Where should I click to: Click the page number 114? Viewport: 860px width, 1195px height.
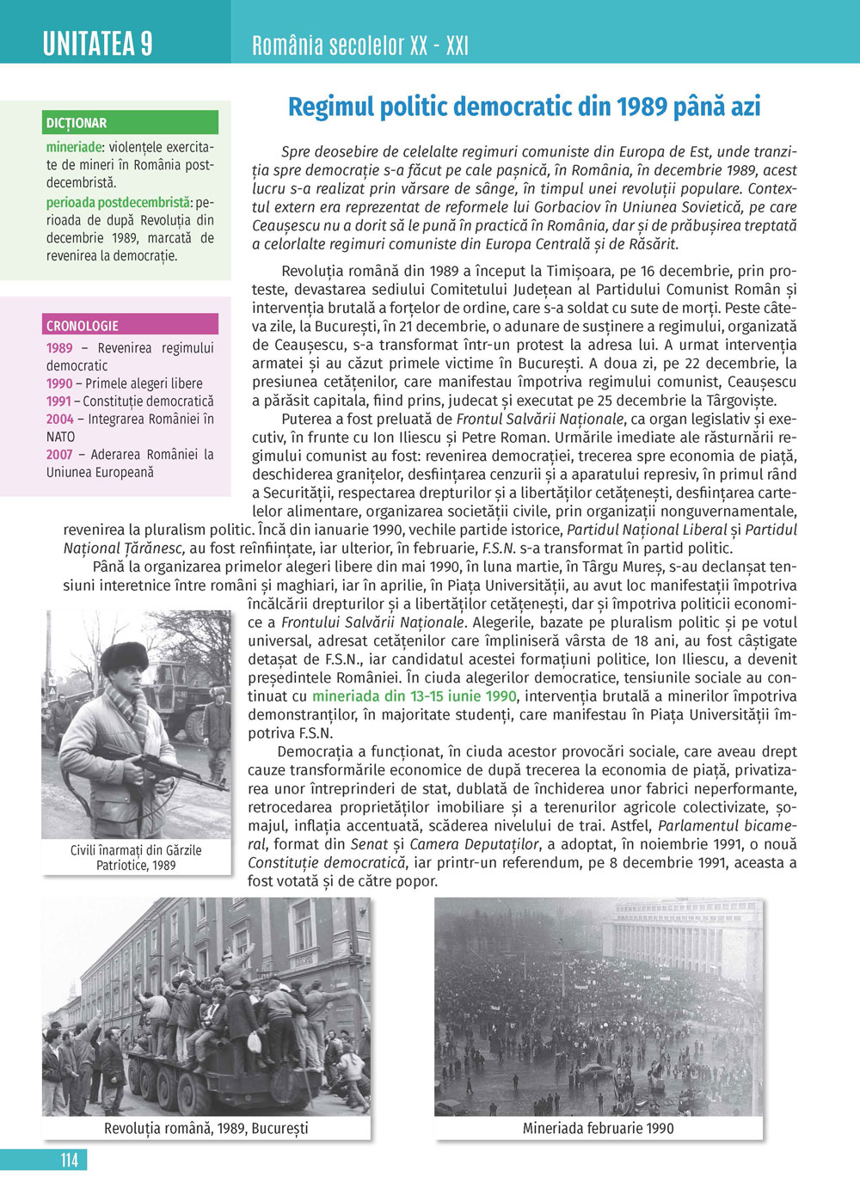tap(70, 1160)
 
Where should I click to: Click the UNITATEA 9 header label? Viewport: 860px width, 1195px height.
tap(98, 43)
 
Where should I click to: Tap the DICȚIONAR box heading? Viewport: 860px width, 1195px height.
tap(77, 123)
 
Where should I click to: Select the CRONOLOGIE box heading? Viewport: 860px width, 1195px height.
tap(83, 326)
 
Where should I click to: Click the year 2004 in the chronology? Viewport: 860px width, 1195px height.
tap(59, 420)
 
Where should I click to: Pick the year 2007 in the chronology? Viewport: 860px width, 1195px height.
tap(59, 455)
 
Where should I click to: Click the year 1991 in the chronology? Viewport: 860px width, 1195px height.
tap(59, 401)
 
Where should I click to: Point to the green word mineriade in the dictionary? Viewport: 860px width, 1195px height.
tap(74, 147)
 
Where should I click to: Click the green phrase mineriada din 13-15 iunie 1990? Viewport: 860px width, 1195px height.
tap(414, 696)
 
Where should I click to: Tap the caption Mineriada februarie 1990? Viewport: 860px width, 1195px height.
tap(598, 1128)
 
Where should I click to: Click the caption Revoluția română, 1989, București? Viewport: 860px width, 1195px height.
tap(206, 1128)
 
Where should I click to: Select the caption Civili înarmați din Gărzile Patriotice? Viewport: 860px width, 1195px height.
tap(136, 857)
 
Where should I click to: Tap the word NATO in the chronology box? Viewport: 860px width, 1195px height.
tap(61, 437)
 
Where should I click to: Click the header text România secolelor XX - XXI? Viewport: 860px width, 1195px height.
tap(360, 45)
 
